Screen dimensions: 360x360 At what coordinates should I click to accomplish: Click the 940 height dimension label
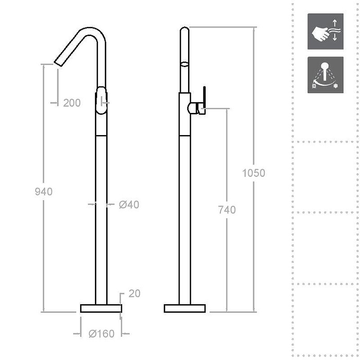pos(44,192)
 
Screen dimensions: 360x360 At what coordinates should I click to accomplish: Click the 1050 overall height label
pos(253,173)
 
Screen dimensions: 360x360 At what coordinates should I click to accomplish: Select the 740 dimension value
pos(226,210)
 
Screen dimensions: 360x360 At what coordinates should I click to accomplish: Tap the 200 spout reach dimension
pos(72,103)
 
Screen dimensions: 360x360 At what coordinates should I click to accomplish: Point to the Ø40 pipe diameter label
pos(129,205)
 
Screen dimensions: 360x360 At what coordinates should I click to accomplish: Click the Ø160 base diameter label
pos(102,334)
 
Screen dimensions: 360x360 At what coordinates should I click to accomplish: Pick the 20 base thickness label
pos(134,293)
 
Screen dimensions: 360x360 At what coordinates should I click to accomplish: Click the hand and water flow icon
pos(325,31)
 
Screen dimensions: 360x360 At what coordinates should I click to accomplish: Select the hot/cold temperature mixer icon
pos(325,75)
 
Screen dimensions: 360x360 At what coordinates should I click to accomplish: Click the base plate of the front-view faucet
pos(101,308)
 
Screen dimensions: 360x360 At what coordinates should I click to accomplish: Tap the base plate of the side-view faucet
pos(185,308)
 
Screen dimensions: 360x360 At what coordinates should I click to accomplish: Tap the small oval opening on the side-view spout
pos(184,63)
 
